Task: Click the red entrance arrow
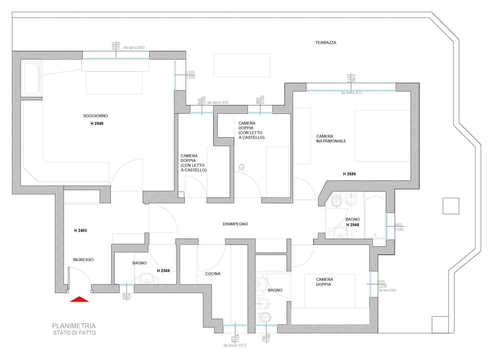[x=79, y=299]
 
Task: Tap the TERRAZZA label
[x=326, y=43]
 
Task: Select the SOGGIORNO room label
[x=96, y=116]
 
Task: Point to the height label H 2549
[x=97, y=124]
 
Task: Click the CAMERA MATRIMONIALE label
[x=331, y=139]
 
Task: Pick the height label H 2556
[x=349, y=174]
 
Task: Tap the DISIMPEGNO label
[x=236, y=224]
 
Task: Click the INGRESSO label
[x=83, y=260]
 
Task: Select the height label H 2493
[x=80, y=231]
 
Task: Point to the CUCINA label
[x=213, y=274]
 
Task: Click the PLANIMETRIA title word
[x=73, y=326]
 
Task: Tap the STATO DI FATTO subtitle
[x=73, y=333]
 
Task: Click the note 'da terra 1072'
[x=235, y=346]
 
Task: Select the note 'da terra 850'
[x=134, y=48]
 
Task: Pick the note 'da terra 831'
[x=351, y=92]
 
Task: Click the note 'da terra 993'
[x=388, y=291]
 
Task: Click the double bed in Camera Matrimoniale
[x=382, y=136]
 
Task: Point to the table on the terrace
[x=241, y=65]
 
